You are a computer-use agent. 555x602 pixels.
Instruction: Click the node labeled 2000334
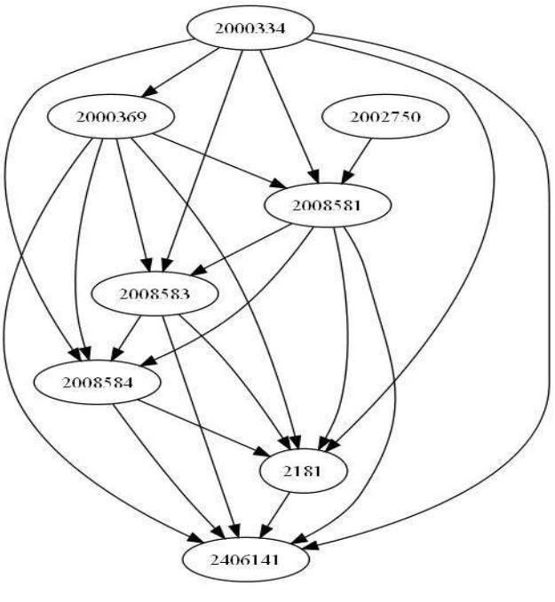click(x=249, y=28)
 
